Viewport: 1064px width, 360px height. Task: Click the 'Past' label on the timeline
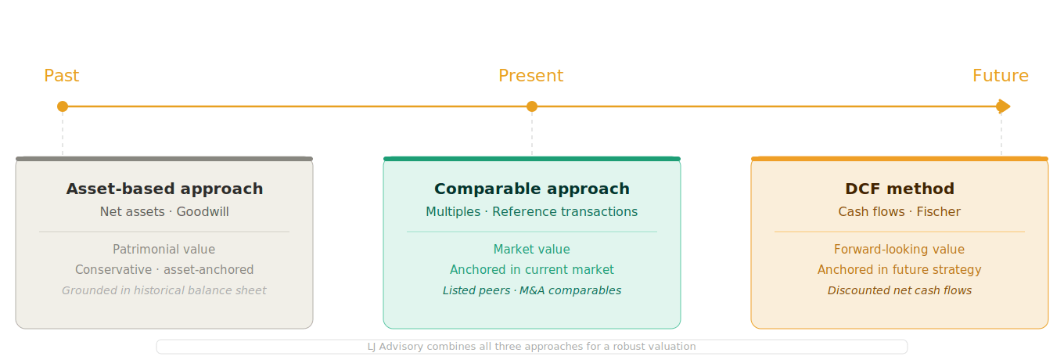click(62, 76)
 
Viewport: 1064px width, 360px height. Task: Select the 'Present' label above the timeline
click(530, 76)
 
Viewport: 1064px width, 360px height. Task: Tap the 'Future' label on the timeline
click(1000, 76)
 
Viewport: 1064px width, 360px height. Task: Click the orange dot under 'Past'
click(63, 106)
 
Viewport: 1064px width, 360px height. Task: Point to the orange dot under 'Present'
click(532, 106)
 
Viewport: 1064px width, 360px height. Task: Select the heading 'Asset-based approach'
click(164, 189)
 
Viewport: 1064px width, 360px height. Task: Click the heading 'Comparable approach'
click(532, 189)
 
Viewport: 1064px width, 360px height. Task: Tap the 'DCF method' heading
click(900, 189)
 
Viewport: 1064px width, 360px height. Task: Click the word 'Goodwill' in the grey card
click(203, 212)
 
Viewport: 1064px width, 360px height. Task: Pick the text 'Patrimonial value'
click(164, 250)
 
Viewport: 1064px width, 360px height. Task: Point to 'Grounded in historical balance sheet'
click(164, 290)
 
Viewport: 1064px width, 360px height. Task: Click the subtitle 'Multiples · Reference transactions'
click(532, 212)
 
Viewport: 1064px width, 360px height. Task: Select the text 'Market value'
click(532, 250)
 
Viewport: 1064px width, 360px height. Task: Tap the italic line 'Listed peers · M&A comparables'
click(532, 290)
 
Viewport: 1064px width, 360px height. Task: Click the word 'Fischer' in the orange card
click(938, 212)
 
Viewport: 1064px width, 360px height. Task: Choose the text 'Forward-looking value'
click(900, 250)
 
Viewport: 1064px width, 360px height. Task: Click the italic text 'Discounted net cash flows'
click(900, 290)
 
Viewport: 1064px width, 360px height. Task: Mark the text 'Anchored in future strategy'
click(900, 270)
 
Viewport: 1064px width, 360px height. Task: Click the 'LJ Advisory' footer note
click(532, 347)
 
